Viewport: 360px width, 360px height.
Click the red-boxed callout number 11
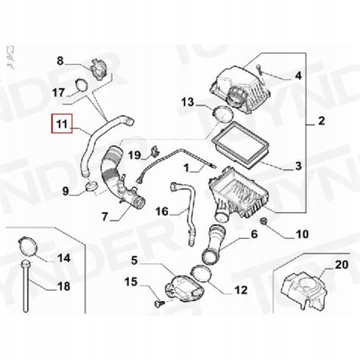[62, 124]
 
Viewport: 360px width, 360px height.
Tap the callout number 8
[60, 61]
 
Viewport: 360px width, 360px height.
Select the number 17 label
[59, 93]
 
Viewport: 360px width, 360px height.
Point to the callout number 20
[342, 264]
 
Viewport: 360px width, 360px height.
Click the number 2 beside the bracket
[322, 121]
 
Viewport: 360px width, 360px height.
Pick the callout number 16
[162, 211]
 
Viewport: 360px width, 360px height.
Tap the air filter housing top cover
[240, 90]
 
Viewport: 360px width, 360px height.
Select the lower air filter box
[239, 192]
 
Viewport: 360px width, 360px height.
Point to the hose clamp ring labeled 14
[28, 247]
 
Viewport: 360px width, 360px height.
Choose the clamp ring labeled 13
[223, 114]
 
